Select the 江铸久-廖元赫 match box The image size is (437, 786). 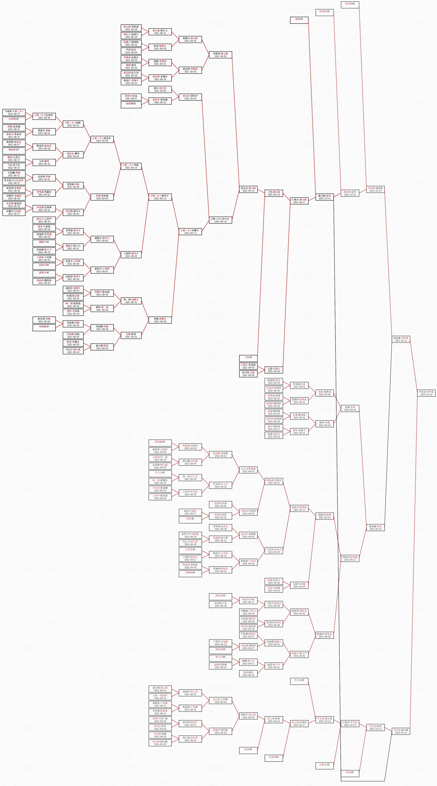(299, 201)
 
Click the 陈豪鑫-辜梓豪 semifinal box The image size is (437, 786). (401, 339)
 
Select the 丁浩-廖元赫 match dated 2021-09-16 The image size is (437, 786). (274, 193)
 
